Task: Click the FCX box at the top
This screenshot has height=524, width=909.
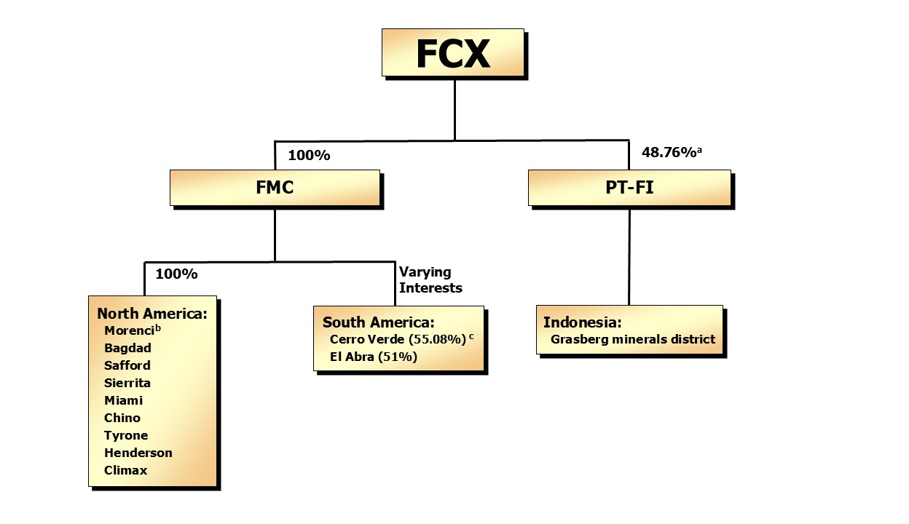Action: (452, 52)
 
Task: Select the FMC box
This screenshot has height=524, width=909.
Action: (275, 188)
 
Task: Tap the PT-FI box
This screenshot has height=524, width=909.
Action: (629, 188)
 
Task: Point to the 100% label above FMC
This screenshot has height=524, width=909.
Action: (309, 155)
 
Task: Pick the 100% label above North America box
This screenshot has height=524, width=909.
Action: (176, 274)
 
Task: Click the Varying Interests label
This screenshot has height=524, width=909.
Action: (430, 280)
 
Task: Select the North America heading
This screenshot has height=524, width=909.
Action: (152, 314)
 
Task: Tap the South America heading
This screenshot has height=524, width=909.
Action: (378, 322)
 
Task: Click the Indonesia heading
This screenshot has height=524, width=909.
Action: (582, 322)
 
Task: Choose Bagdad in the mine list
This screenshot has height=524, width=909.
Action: (127, 348)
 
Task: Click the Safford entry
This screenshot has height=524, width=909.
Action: (127, 365)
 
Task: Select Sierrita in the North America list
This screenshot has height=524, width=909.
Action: (127, 383)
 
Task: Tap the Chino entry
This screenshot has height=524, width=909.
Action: (122, 418)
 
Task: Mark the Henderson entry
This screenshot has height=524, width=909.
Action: (138, 453)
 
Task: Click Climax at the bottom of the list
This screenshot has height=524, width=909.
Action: (125, 470)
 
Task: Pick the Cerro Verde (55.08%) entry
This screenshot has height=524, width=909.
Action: (398, 340)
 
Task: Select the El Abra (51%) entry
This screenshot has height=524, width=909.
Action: (373, 357)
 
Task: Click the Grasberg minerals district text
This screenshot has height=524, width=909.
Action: (633, 339)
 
